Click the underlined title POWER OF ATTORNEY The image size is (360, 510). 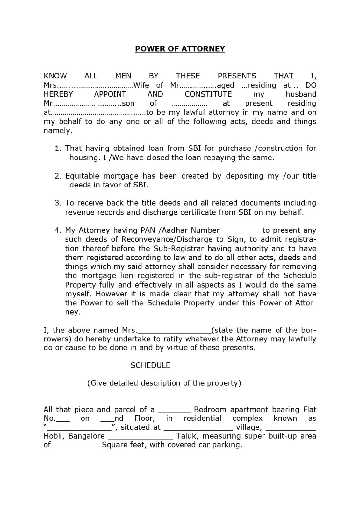tap(180, 49)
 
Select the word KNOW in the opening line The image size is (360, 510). tap(55, 76)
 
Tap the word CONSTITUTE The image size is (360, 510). tap(208, 94)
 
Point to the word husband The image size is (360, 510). tap(301, 94)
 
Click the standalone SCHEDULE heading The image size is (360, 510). tap(150, 365)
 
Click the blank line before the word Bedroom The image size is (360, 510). tap(174, 411)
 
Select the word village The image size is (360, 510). tap(248, 427)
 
